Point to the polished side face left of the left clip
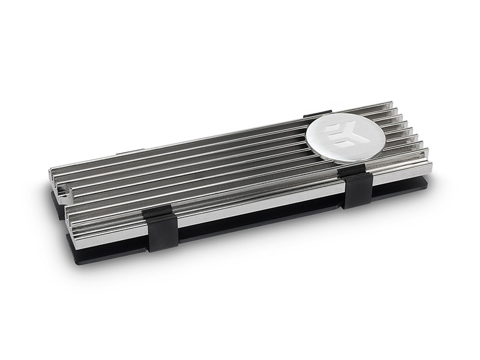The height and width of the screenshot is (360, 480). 108,231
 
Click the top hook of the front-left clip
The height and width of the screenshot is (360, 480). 157,211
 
